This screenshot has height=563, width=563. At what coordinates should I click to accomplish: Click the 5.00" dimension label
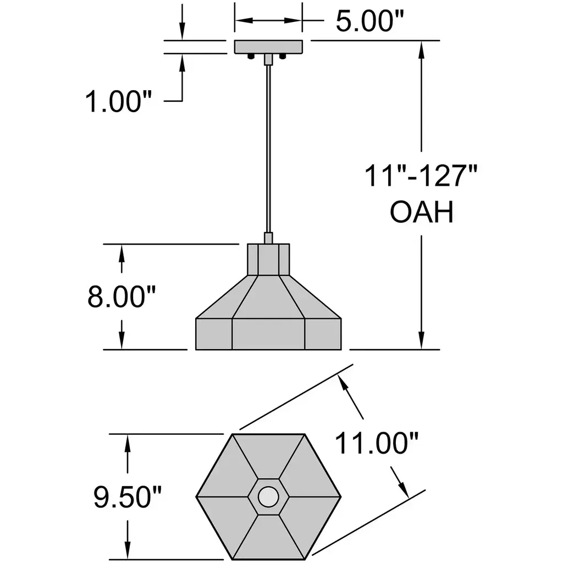(x=370, y=21)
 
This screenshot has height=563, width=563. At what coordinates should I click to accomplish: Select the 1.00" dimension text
(x=119, y=102)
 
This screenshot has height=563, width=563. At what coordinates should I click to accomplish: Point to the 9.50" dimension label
(x=128, y=497)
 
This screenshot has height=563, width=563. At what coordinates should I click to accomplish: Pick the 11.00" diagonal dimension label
(x=377, y=443)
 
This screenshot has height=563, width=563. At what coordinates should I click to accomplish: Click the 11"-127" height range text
(x=421, y=176)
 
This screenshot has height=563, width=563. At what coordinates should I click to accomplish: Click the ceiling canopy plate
(x=268, y=47)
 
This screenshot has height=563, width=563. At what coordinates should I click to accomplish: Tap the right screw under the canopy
(x=283, y=57)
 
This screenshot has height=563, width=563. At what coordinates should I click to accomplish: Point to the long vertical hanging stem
(x=268, y=148)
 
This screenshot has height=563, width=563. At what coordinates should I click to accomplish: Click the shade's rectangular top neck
(x=268, y=260)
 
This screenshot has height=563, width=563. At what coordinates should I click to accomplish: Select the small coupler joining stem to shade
(x=268, y=238)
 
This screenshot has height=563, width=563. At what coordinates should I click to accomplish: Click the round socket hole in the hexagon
(x=268, y=496)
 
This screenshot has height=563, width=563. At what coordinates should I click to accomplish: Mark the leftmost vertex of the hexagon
(x=196, y=497)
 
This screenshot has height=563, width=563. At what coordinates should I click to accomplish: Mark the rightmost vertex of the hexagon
(x=341, y=497)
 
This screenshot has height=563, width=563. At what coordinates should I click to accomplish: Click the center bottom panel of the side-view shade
(x=268, y=334)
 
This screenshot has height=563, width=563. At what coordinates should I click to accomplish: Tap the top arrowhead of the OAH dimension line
(x=422, y=49)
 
